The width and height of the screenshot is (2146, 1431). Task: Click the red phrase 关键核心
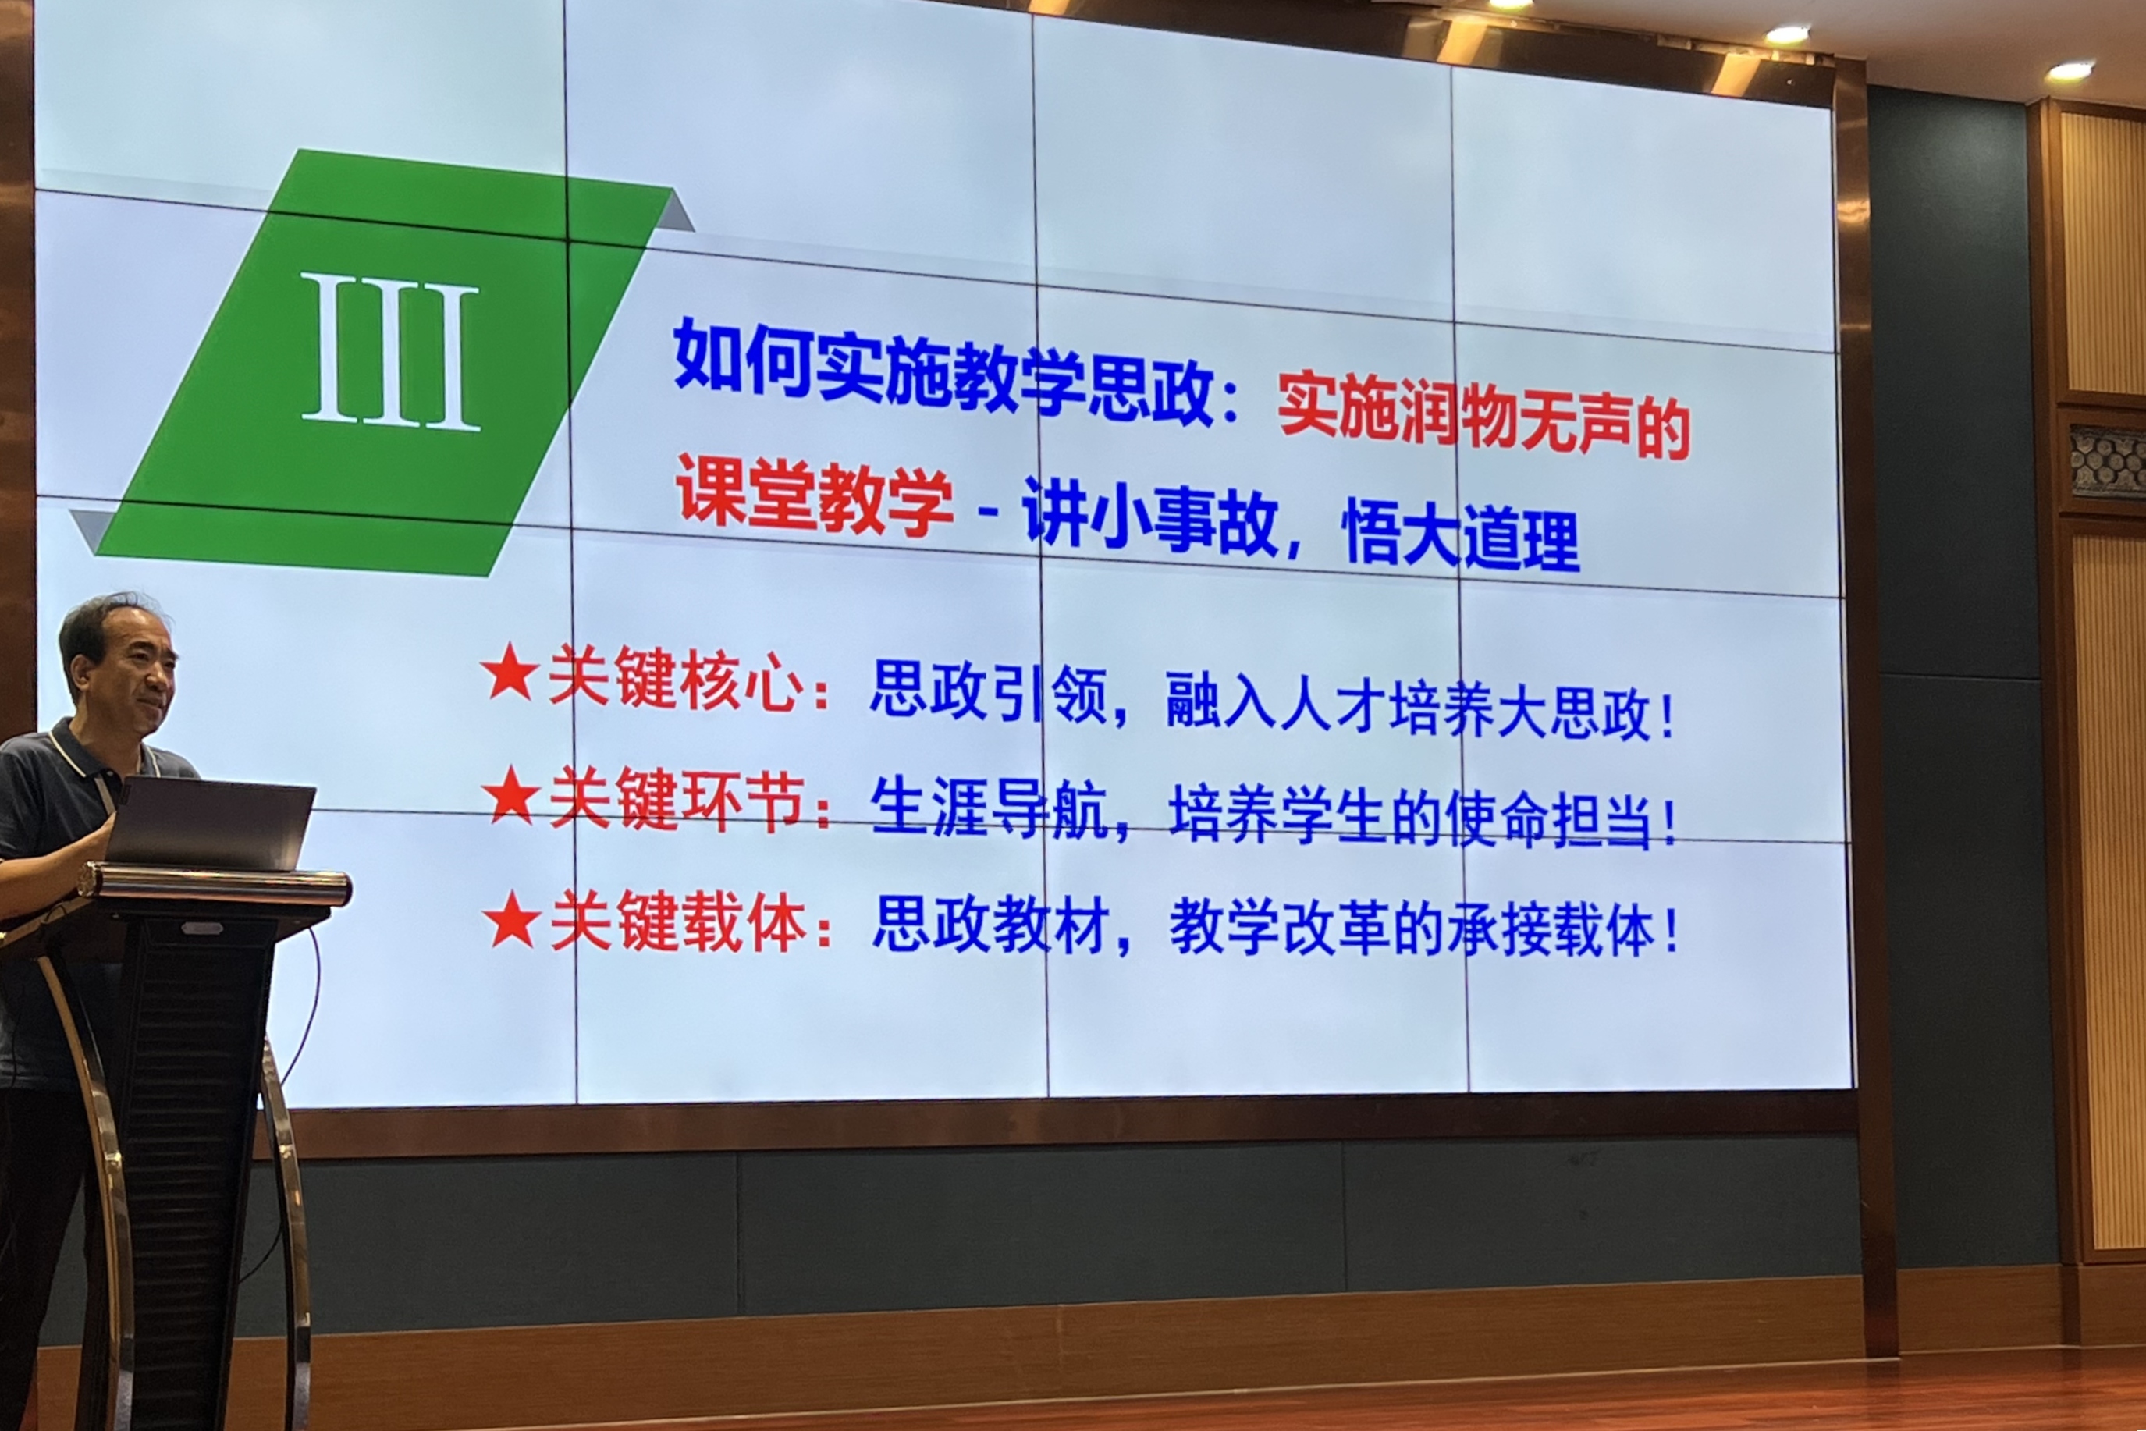pos(676,679)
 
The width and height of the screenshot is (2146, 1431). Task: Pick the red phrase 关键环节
pos(677,800)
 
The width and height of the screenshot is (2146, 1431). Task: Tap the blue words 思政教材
pos(991,925)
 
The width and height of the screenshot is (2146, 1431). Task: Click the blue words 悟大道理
pos(1461,537)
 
